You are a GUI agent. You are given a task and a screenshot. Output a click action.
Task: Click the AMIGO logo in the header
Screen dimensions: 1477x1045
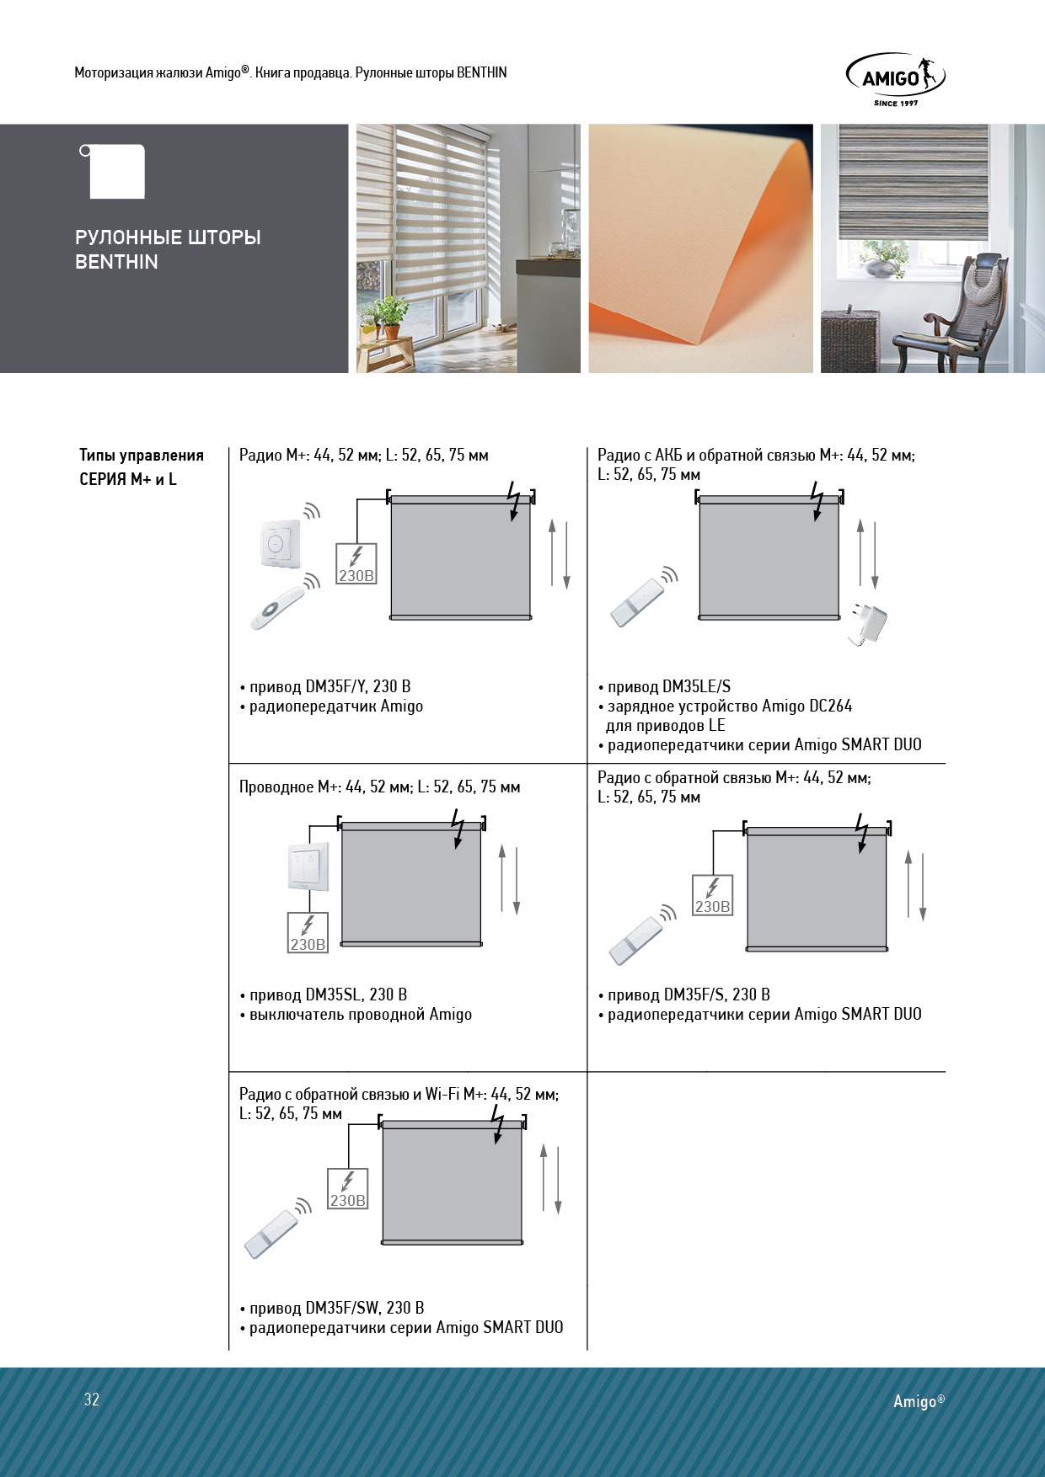point(895,79)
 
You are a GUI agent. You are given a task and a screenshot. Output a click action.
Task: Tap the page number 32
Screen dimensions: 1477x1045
point(92,1400)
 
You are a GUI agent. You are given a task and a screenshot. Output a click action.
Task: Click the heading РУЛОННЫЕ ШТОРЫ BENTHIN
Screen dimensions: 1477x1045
point(168,249)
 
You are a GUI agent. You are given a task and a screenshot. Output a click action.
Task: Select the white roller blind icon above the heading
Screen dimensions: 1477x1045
point(116,172)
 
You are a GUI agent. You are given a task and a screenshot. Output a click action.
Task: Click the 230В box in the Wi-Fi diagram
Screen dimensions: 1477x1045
point(348,1189)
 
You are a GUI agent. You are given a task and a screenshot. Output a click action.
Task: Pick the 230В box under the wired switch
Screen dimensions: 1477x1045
point(308,933)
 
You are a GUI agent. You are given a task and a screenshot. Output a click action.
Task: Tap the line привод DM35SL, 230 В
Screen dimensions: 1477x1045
point(328,994)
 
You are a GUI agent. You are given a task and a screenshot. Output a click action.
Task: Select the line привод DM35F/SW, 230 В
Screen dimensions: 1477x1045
point(336,1308)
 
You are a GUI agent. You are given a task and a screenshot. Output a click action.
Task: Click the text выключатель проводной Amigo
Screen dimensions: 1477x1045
point(360,1014)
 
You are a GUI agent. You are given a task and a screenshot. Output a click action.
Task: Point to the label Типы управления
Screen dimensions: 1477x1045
point(142,456)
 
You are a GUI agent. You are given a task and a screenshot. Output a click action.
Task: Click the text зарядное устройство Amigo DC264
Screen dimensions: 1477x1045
point(729,706)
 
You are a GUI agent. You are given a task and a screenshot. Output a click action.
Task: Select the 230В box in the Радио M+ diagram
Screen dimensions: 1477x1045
point(356,564)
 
